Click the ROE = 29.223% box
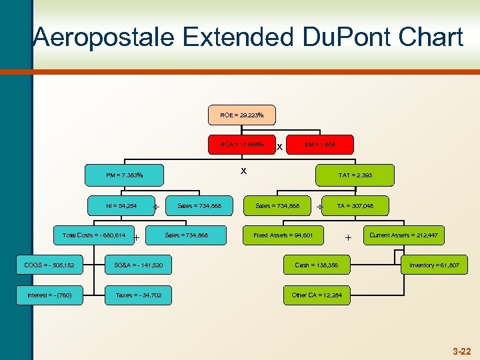click(x=241, y=115)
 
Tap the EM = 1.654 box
click(x=320, y=144)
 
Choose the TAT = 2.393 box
click(x=355, y=175)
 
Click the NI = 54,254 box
click(x=121, y=206)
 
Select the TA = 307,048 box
click(x=355, y=206)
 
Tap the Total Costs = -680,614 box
click(x=93, y=235)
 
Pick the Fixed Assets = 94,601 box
click(x=284, y=235)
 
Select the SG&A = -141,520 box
click(x=138, y=266)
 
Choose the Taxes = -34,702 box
click(x=138, y=295)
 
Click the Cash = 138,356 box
click(x=317, y=265)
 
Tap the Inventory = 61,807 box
click(x=434, y=265)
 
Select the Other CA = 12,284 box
click(x=317, y=295)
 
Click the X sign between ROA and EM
click(x=280, y=146)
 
